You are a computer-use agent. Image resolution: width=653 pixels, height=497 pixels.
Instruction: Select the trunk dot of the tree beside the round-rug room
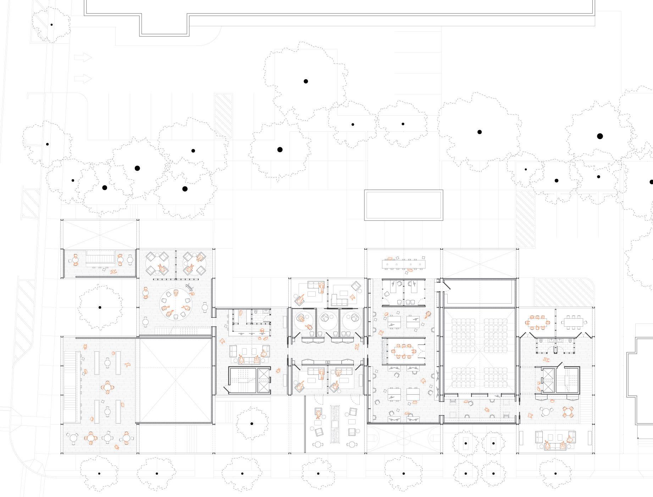point(100,308)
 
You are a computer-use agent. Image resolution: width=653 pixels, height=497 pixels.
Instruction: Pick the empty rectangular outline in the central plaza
point(404,205)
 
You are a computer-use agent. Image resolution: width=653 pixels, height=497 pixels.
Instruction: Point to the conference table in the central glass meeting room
point(404,352)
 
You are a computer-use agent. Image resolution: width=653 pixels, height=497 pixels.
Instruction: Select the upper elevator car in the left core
point(264,375)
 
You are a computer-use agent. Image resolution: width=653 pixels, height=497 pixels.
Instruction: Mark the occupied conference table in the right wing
point(538,323)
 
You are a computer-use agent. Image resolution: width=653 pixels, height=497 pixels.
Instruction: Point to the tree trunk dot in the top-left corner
point(51,25)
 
